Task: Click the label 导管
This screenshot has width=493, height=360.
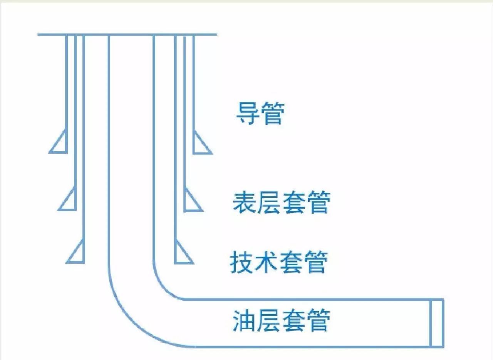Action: (x=260, y=114)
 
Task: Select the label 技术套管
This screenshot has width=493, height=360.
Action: (x=279, y=263)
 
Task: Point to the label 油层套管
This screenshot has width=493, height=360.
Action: (x=281, y=321)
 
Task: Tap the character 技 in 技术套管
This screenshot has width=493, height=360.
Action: (x=242, y=263)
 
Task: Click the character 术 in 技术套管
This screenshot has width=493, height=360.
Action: (x=267, y=263)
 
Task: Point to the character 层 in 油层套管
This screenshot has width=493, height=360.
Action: (x=269, y=321)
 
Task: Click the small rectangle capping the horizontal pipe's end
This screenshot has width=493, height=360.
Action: (x=437, y=323)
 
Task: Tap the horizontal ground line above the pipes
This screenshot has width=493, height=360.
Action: (x=127, y=35)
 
